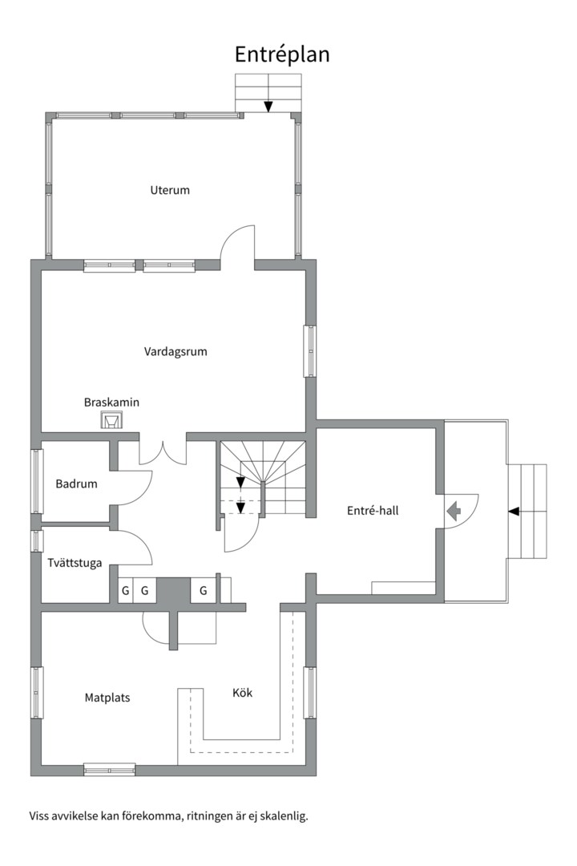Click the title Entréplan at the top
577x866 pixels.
coord(282,54)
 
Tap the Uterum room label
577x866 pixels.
coord(170,190)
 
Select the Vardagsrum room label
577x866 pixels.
coord(176,351)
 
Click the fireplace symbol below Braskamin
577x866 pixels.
coord(111,420)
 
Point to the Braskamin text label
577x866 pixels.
coord(111,402)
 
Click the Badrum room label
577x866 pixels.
coord(76,484)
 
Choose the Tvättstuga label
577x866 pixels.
coord(74,562)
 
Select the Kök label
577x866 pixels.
coord(242,692)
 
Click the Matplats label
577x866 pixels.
coord(107,698)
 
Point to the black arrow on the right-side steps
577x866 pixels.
coord(514,511)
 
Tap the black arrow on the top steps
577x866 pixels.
coord(268,106)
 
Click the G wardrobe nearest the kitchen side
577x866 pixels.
coord(204,590)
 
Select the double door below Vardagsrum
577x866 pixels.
coord(163,451)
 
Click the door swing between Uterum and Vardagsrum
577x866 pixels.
coord(238,244)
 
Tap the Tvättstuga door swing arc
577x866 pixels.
coord(137,547)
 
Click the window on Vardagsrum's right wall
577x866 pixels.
coord(309,350)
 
